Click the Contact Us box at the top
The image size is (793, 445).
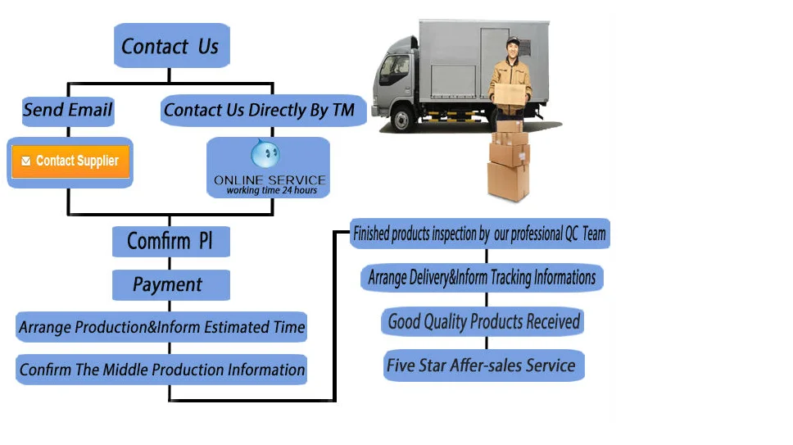pos(170,46)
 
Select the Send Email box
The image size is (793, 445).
pos(68,110)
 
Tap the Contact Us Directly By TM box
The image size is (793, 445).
pos(259,111)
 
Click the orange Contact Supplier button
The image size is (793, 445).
pos(70,161)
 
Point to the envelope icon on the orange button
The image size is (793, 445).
pos(26,161)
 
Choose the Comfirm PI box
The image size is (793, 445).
pos(170,242)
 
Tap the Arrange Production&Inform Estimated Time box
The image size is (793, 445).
pos(161,327)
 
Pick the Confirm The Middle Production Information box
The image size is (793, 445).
pos(162,370)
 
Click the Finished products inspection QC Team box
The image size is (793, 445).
pos(479,234)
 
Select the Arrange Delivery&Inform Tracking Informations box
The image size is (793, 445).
pos(482,277)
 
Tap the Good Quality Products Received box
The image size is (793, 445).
pos(483,321)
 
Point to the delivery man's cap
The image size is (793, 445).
pos(513,41)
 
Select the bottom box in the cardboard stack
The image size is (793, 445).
pos(508,180)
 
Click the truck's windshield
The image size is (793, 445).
pos(388,70)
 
